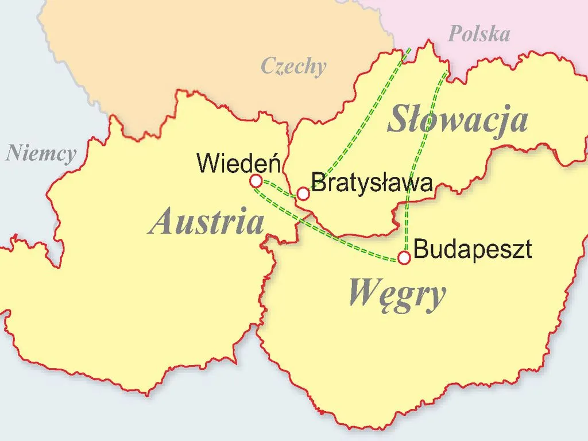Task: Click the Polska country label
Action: (478, 34)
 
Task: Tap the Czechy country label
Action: (293, 66)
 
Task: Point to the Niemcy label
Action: (41, 154)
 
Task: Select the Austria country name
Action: (206, 222)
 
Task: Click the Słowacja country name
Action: (457, 121)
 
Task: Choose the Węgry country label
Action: (397, 293)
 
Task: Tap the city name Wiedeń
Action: (238, 164)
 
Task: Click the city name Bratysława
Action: (371, 184)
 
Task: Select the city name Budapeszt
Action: (472, 250)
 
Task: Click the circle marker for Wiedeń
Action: (256, 181)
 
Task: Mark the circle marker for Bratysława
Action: (303, 194)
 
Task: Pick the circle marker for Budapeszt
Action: (404, 258)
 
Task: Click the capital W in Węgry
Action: (362, 293)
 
